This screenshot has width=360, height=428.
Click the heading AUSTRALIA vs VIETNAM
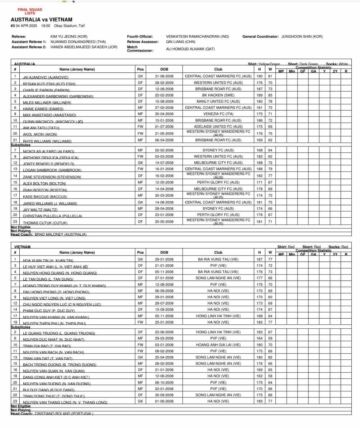[42, 20]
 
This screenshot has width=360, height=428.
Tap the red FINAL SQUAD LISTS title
[30, 11]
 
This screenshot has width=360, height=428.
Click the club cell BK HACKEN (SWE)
[218, 95]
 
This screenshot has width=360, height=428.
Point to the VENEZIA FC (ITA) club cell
[218, 114]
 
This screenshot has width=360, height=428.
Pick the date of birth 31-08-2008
[164, 76]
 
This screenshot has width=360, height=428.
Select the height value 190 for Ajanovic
[259, 76]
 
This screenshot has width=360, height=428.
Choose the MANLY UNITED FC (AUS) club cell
[218, 102]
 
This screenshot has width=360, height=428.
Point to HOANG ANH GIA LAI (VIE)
[218, 345]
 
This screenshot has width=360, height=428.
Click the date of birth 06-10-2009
[164, 382]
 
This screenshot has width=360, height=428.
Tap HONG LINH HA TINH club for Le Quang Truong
[218, 332]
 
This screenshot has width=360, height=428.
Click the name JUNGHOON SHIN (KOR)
[302, 37]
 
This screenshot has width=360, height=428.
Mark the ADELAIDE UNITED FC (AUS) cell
[218, 127]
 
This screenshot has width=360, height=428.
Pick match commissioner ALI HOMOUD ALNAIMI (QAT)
[190, 49]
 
